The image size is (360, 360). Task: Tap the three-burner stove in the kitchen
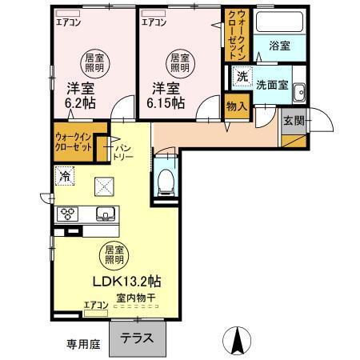pyautogui.click(x=66, y=214)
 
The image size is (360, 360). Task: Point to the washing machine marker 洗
pyautogui.click(x=242, y=78)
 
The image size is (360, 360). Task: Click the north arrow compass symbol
pyautogui.click(x=236, y=342)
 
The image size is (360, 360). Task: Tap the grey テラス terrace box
pyautogui.click(x=138, y=338)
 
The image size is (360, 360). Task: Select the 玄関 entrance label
pyautogui.click(x=293, y=121)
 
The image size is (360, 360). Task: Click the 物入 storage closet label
pyautogui.click(x=235, y=104)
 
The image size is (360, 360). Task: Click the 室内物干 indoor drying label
pyautogui.click(x=135, y=298)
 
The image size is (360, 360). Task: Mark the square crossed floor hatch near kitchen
pyautogui.click(x=105, y=186)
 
